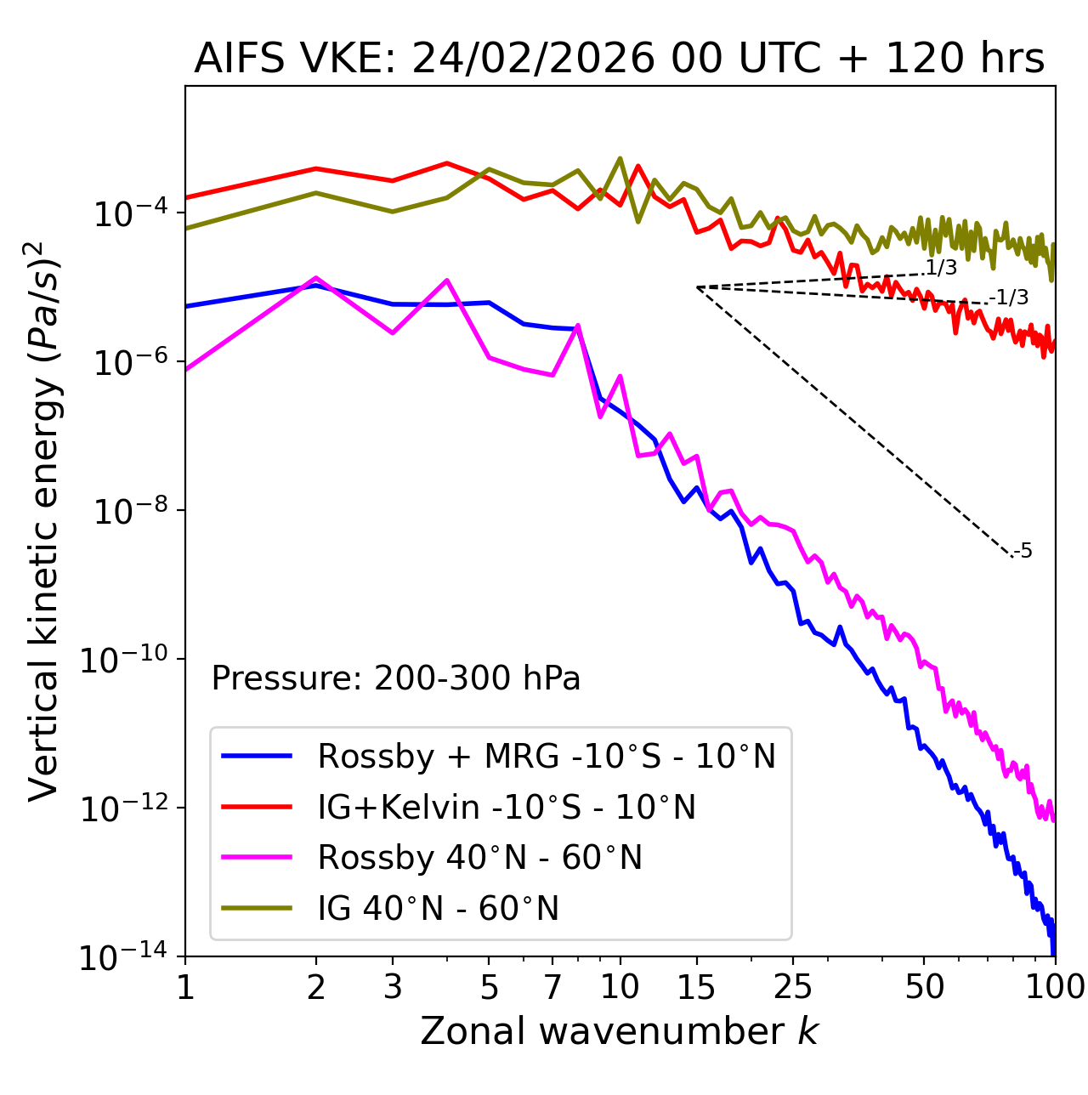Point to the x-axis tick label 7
click(x=552, y=987)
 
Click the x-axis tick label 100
click(x=1054, y=987)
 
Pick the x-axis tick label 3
click(x=392, y=987)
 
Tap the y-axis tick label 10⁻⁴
click(x=127, y=213)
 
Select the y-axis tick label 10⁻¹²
click(x=127, y=808)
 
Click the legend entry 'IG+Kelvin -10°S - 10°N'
click(x=507, y=807)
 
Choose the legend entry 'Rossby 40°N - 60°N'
click(x=479, y=858)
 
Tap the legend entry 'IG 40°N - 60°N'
click(x=438, y=909)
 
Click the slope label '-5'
click(x=1023, y=552)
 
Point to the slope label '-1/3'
click(x=1011, y=298)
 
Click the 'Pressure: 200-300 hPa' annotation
click(x=396, y=678)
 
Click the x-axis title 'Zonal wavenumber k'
click(x=619, y=1031)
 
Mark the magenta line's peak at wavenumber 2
click(x=316, y=278)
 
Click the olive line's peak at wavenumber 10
click(x=620, y=158)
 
